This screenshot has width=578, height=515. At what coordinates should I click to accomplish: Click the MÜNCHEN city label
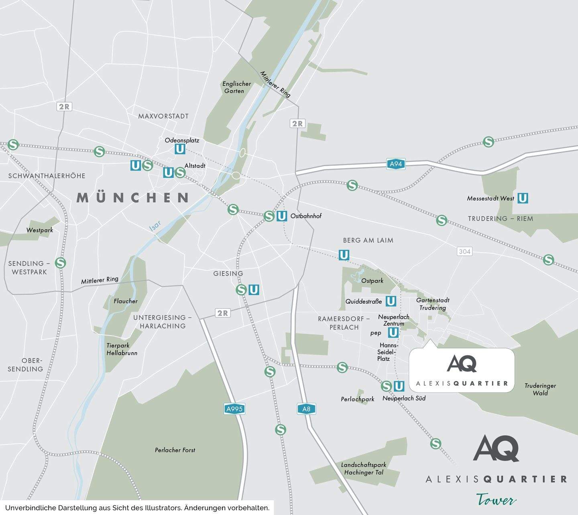(x=133, y=197)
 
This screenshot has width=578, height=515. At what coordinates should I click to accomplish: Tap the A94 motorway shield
(x=396, y=164)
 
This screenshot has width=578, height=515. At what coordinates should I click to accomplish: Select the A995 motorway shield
(x=234, y=409)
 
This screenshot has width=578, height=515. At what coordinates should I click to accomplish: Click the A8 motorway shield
(x=306, y=409)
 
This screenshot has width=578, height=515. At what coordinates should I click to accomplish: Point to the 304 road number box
(x=464, y=251)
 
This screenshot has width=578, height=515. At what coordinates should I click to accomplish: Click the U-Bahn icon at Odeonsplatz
(x=180, y=149)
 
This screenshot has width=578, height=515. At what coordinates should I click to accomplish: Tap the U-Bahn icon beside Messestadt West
(x=522, y=198)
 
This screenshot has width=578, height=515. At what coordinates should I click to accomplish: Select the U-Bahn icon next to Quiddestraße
(x=391, y=301)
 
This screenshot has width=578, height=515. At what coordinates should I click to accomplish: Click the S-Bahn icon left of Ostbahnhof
(x=269, y=216)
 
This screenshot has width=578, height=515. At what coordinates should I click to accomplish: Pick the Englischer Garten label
(x=237, y=87)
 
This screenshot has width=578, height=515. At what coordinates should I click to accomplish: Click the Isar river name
(x=155, y=226)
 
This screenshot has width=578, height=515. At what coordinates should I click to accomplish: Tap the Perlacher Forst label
(x=175, y=450)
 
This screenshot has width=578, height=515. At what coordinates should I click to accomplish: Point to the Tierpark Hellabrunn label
(x=122, y=349)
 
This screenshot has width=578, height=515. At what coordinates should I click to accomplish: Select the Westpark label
(x=40, y=230)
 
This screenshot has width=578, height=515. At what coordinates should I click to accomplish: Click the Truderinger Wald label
(x=540, y=389)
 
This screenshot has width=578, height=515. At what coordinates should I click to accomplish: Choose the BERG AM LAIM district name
(x=368, y=240)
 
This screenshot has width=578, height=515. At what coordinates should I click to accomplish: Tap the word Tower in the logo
(x=496, y=500)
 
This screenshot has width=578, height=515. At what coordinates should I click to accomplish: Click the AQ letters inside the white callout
(x=462, y=364)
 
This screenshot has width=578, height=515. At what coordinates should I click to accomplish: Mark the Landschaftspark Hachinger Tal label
(x=364, y=468)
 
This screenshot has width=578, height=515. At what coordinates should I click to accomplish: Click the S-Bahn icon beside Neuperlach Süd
(x=386, y=386)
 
